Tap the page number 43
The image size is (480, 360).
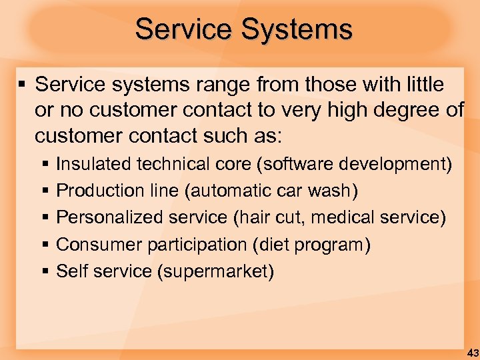[472, 352]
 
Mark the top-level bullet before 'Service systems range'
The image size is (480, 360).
[22, 85]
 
